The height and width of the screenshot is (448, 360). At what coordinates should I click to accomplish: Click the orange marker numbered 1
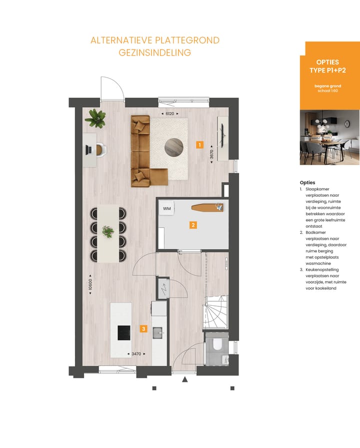click(199, 145)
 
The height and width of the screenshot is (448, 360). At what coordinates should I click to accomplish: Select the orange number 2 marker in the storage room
click(193, 225)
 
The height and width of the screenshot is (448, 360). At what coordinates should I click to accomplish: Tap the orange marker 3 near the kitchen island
click(143, 329)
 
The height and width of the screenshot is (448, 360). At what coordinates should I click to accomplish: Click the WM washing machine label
click(166, 208)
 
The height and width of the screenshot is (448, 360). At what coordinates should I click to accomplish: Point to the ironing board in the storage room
click(205, 207)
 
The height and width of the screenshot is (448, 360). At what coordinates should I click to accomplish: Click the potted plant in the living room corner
click(95, 118)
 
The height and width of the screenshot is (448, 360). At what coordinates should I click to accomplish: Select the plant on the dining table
click(107, 231)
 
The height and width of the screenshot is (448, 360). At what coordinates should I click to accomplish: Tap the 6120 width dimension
click(169, 114)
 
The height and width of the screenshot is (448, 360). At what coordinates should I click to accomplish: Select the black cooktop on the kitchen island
click(124, 333)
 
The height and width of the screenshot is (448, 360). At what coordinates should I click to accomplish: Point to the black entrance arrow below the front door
click(184, 380)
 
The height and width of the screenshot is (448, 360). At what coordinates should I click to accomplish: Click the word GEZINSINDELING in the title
click(154, 53)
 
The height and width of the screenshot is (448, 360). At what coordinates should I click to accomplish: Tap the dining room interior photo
click(329, 138)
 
